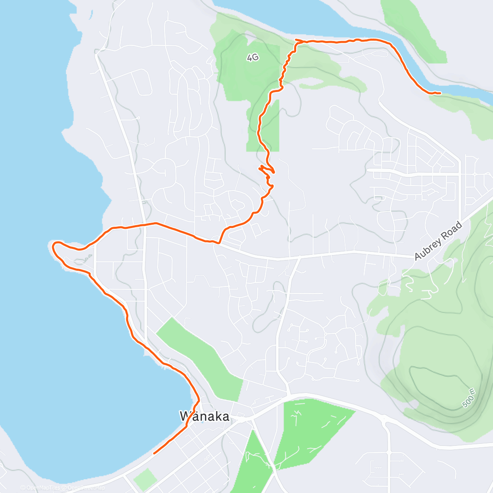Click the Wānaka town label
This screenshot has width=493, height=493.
tap(205, 417)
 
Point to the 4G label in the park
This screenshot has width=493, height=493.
tap(253, 58)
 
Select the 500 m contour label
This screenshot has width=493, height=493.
tap(469, 398)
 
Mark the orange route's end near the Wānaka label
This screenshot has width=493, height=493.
tap(154, 453)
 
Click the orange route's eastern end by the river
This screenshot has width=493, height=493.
tap(440, 93)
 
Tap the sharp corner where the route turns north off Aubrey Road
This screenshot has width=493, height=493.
tap(219, 243)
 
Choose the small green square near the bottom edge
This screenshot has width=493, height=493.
tap(145, 479)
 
